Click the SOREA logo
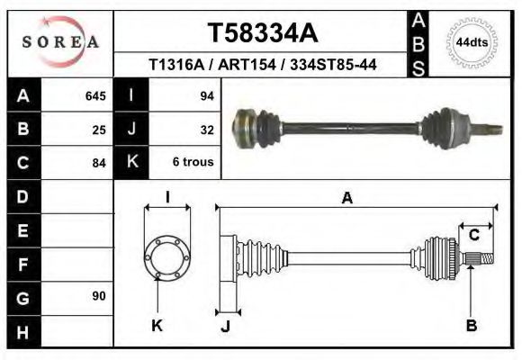(60, 41)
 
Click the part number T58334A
(262, 33)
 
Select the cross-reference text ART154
(267, 65)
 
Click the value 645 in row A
(94, 95)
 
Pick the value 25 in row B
(99, 130)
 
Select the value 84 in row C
(99, 163)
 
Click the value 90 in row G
(99, 296)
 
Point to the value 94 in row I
(206, 95)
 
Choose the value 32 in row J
(206, 130)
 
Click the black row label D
(22, 196)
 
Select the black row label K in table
(131, 163)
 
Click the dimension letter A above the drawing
(346, 200)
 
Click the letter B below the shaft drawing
(471, 326)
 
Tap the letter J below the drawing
(225, 327)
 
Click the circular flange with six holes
(167, 256)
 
